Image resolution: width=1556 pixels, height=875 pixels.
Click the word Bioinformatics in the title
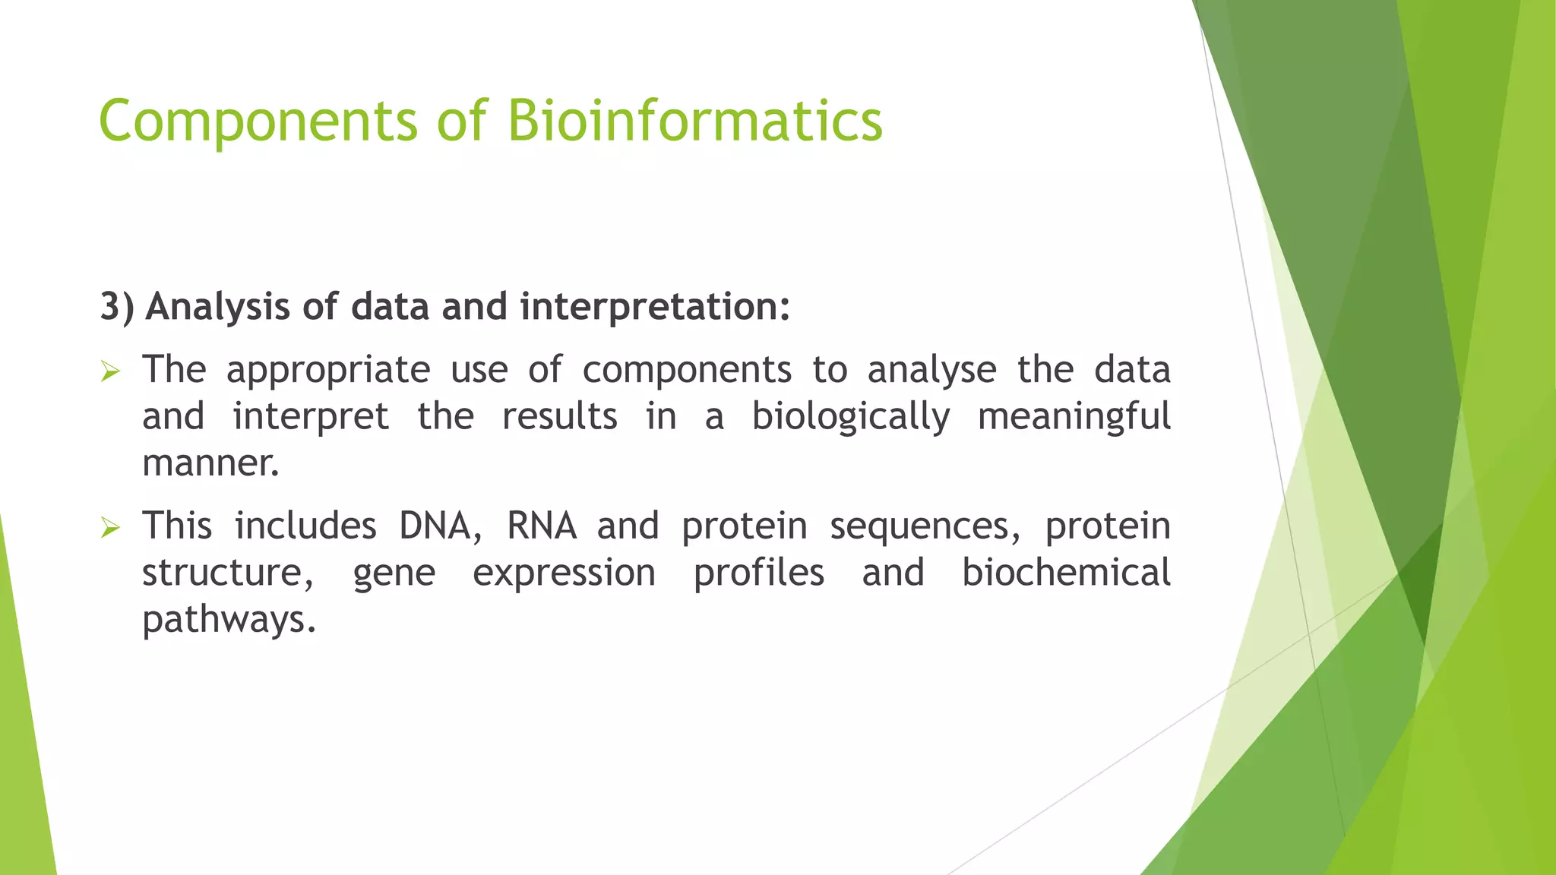694,122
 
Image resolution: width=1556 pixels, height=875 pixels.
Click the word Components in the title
258,122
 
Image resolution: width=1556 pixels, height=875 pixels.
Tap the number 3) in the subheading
117,307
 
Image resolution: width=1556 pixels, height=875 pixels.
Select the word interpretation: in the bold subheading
655,307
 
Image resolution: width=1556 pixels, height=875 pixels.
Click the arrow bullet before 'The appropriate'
111,372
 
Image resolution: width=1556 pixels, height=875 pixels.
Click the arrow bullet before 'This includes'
111,528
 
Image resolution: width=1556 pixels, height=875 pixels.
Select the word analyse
931,371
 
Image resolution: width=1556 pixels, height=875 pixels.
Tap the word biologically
851,418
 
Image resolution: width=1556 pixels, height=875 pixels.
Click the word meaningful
1074,418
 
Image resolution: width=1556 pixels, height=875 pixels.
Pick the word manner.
210,464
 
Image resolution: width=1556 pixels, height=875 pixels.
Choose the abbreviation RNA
542,526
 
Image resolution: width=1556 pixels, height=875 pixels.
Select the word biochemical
1066,573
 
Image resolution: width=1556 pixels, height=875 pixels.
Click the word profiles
758,573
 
